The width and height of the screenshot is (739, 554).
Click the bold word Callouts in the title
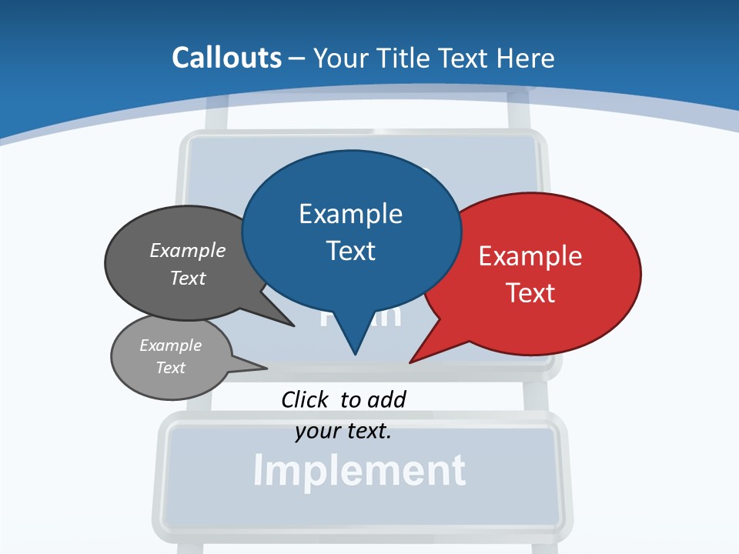tap(226, 58)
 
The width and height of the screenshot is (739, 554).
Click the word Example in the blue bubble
tap(350, 214)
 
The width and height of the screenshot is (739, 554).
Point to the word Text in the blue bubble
tap(350, 251)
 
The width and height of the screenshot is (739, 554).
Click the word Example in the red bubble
tap(530, 256)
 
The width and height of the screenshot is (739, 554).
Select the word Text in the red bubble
tap(530, 293)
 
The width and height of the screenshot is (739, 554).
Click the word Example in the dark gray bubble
tap(188, 250)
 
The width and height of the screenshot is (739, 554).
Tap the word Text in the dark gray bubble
tap(188, 278)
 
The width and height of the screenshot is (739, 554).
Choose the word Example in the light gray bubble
tap(170, 345)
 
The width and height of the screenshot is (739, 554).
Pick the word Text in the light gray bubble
tap(170, 368)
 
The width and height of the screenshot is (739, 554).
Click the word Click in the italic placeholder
tap(304, 399)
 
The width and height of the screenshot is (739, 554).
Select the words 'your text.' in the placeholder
tap(343, 431)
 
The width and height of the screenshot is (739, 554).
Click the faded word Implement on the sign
tap(359, 470)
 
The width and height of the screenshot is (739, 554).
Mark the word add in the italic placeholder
tap(386, 399)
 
